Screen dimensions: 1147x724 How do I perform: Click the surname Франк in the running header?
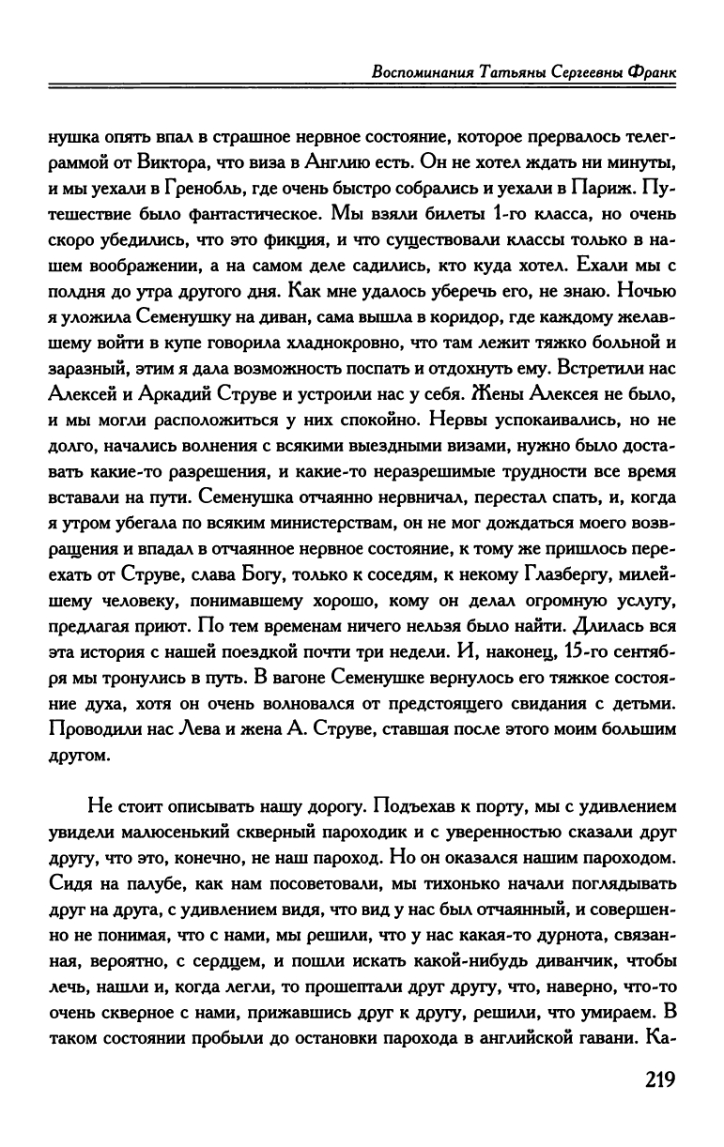(649, 71)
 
